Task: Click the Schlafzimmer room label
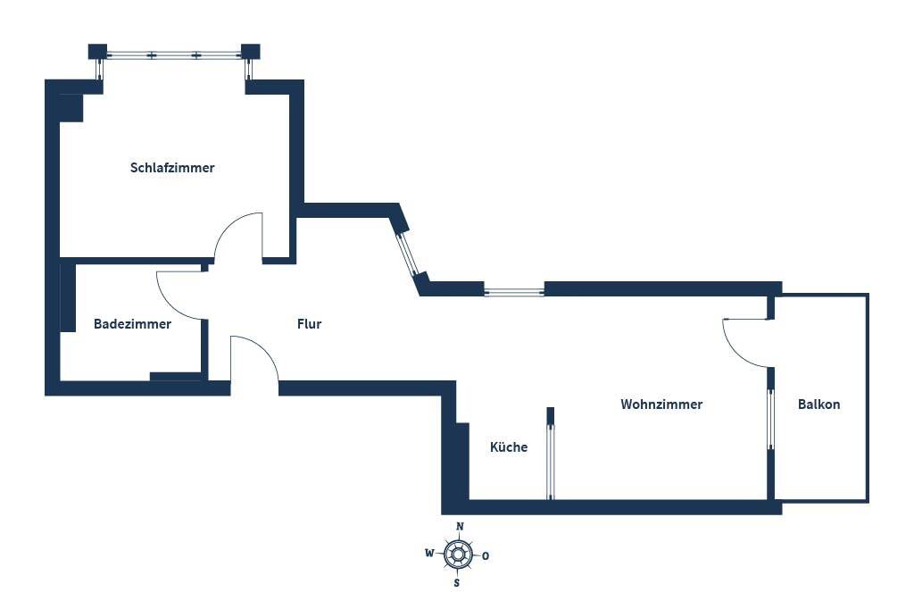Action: (172, 168)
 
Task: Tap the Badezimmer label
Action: (132, 324)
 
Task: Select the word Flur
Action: (309, 324)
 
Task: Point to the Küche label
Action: (509, 447)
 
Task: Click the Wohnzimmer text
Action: (661, 404)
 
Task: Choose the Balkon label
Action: (818, 404)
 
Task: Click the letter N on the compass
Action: (459, 527)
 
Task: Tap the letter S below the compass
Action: (457, 583)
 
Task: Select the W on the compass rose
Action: (429, 554)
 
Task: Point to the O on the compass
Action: (486, 555)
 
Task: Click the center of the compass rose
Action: (458, 554)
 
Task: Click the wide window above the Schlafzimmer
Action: (174, 55)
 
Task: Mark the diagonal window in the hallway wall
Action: (407, 253)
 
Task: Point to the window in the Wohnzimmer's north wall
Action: (513, 290)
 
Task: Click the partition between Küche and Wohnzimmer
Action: (550, 455)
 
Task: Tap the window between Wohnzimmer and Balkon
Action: (770, 420)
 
